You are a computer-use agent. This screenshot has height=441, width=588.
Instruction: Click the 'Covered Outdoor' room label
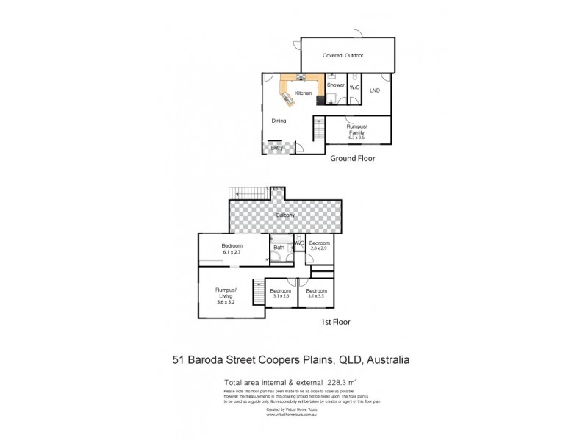(x=343, y=56)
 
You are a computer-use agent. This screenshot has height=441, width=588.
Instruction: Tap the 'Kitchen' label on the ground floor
(x=303, y=93)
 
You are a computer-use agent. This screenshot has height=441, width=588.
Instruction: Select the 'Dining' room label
(x=279, y=121)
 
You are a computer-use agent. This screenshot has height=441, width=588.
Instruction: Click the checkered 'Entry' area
(x=277, y=148)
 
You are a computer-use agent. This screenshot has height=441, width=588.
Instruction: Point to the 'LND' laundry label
(x=375, y=90)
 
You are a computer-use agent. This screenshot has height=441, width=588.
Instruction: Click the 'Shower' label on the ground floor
(x=336, y=86)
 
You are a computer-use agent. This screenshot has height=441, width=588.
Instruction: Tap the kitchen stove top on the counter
(x=301, y=78)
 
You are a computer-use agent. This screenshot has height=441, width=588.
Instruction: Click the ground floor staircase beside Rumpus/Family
(x=318, y=130)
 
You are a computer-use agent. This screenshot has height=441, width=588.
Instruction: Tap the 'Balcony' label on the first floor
(x=286, y=215)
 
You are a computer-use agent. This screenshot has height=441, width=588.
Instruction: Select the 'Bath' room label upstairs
(x=279, y=248)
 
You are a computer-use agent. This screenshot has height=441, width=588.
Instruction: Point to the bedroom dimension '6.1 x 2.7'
(x=232, y=253)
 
